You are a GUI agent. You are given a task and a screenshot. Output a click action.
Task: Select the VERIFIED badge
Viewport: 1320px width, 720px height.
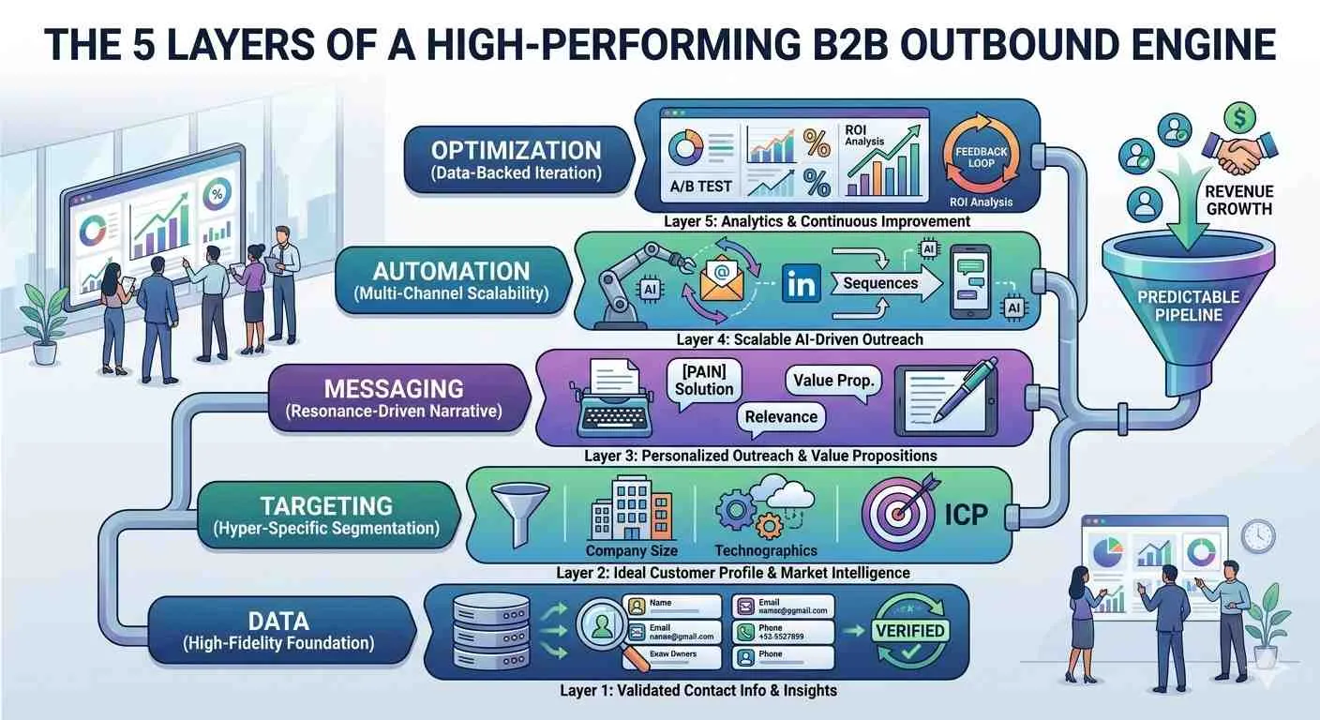(x=908, y=630)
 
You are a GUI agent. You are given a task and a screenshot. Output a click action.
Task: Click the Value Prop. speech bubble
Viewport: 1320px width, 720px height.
(x=833, y=381)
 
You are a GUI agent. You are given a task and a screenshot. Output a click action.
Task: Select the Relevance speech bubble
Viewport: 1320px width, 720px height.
(x=782, y=417)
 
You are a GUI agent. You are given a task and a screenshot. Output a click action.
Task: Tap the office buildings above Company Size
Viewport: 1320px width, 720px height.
(x=618, y=514)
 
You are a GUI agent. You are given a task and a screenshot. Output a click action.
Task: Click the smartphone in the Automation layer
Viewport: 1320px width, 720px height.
(x=971, y=282)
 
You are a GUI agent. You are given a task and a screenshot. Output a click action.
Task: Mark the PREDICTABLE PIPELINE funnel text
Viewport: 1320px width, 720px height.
(x=1188, y=306)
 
